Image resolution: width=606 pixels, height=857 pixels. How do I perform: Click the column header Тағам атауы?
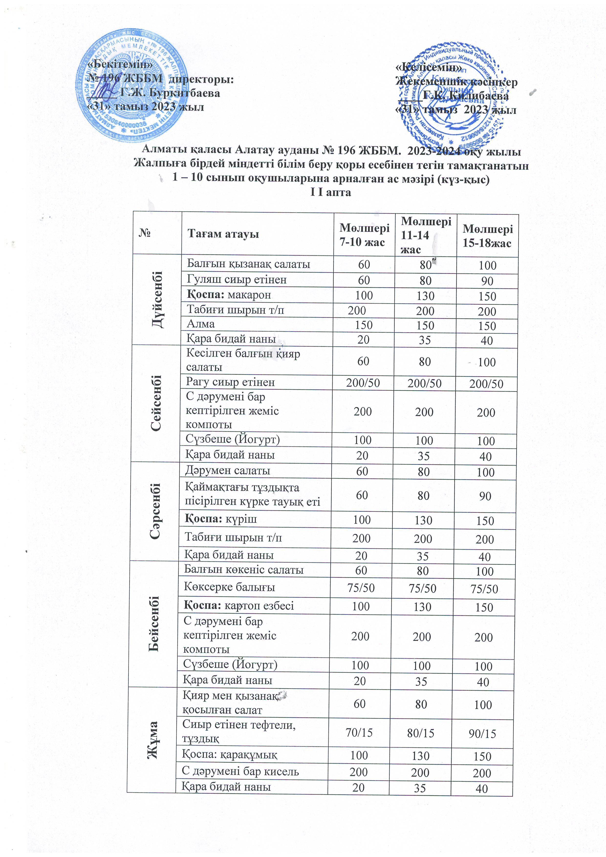point(223,234)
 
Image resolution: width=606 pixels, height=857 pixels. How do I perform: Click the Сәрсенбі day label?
point(155,511)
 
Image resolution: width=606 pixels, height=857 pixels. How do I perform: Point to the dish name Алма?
point(201,324)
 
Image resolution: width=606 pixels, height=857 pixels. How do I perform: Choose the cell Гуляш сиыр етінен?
point(237,279)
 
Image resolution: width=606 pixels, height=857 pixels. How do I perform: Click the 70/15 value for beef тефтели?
point(359,733)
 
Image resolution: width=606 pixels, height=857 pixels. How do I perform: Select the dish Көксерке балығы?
point(229,587)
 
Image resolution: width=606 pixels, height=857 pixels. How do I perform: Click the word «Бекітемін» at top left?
point(120,64)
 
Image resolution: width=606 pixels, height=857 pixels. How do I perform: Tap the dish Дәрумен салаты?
point(228,471)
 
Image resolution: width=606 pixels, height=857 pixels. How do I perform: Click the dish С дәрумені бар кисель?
point(240,771)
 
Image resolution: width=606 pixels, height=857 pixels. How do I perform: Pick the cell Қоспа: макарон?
point(229,295)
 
